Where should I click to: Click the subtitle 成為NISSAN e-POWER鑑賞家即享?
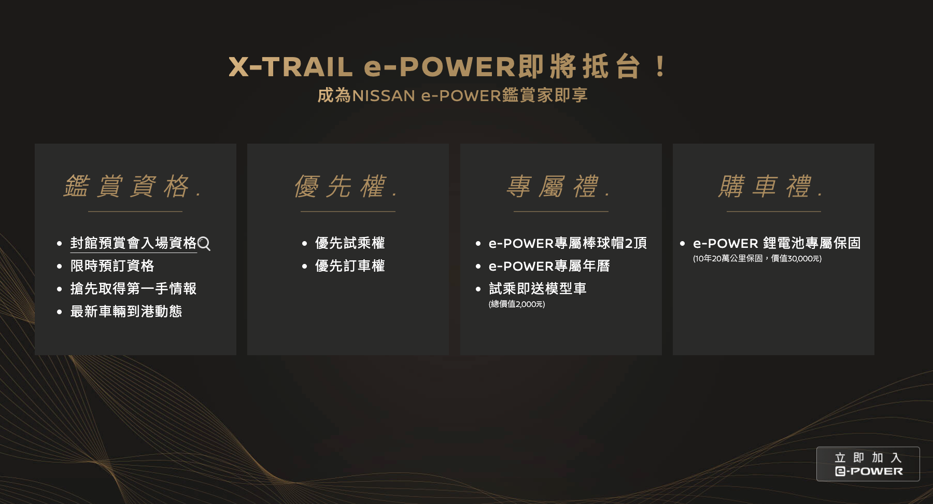tap(453, 95)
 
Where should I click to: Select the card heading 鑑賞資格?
tap(133, 186)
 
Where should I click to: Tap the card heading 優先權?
tap(346, 186)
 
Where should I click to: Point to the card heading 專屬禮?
tap(559, 186)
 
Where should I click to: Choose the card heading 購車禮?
tap(771, 186)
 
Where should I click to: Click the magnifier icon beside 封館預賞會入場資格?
tap(204, 244)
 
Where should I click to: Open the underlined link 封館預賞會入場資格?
tap(134, 243)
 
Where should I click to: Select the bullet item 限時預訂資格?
tap(112, 266)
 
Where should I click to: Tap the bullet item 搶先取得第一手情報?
tap(134, 289)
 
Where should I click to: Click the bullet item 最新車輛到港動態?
tap(126, 312)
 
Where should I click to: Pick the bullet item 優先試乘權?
tap(350, 243)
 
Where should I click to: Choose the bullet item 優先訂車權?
tap(350, 266)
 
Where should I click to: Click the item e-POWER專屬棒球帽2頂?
tap(568, 243)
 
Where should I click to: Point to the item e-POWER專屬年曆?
tap(549, 266)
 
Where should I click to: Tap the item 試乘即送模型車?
tap(538, 289)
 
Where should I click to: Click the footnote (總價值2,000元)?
tap(517, 304)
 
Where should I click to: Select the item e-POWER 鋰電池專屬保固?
tap(777, 243)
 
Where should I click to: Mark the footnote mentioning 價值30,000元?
tap(757, 259)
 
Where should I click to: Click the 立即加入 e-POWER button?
tap(868, 464)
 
